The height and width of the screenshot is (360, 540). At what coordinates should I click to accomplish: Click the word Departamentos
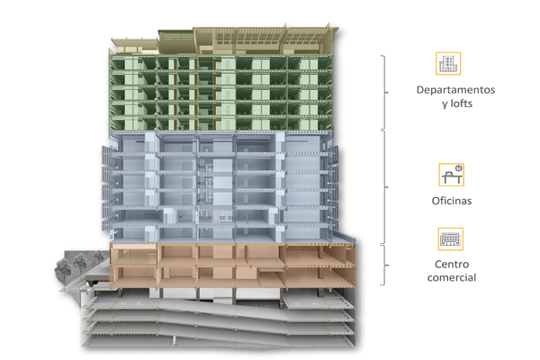[455, 90]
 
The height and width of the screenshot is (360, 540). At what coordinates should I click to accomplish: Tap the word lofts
[462, 103]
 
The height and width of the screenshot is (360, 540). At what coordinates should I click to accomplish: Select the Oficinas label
[452, 201]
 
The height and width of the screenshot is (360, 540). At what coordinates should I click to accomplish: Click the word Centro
[452, 265]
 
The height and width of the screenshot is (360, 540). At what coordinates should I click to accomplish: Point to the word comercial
[452, 278]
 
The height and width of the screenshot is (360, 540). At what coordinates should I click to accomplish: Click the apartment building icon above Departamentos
[448, 63]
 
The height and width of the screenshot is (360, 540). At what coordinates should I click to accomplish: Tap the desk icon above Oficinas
[451, 175]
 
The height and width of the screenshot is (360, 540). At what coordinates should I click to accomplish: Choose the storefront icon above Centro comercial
[451, 239]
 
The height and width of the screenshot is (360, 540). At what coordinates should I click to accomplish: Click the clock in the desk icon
[458, 168]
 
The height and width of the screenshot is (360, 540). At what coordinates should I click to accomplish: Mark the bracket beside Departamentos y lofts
[385, 93]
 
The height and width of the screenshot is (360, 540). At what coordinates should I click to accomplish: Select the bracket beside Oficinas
[385, 187]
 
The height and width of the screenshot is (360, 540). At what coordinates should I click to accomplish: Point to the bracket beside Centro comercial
[385, 265]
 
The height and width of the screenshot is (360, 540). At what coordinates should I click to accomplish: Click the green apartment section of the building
[220, 93]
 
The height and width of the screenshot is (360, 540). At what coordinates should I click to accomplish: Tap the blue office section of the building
[220, 186]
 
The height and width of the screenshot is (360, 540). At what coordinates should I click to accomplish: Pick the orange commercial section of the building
[232, 265]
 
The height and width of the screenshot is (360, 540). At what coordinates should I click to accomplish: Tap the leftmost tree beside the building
[63, 270]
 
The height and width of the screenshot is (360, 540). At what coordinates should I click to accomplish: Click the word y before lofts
[445, 104]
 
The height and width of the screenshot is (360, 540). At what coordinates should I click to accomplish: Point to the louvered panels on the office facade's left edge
[106, 188]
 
